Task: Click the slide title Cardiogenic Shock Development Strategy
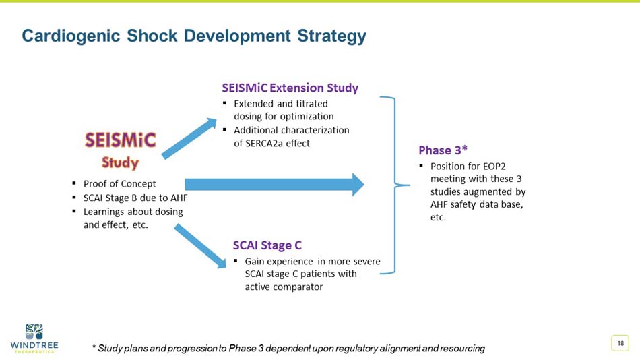[x=194, y=36]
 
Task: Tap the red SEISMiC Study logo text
[x=120, y=150]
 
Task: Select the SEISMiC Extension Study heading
[x=290, y=88]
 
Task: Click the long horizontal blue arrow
[x=274, y=184]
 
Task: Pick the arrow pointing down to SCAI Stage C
[x=201, y=246]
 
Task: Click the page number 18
[x=619, y=344]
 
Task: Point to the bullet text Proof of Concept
[x=119, y=183]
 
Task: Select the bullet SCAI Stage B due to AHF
[x=135, y=198]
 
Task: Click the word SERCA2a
[x=267, y=143]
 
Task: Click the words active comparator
[x=284, y=287]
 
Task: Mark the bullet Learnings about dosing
[x=133, y=212]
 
